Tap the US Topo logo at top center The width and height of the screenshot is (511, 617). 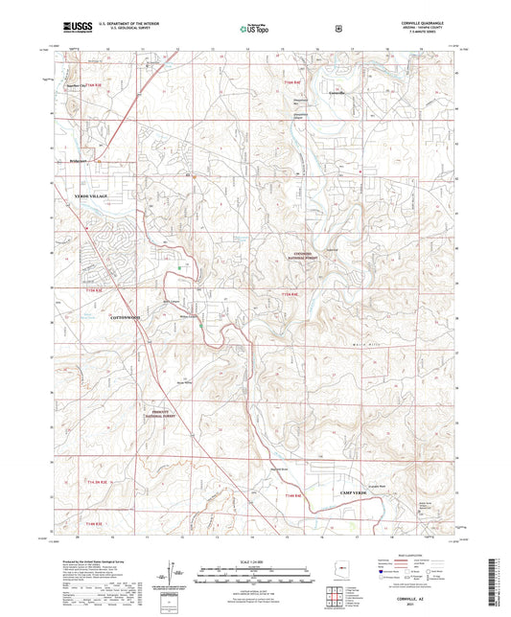tap(252, 30)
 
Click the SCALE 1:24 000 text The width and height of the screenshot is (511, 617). tap(254, 560)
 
